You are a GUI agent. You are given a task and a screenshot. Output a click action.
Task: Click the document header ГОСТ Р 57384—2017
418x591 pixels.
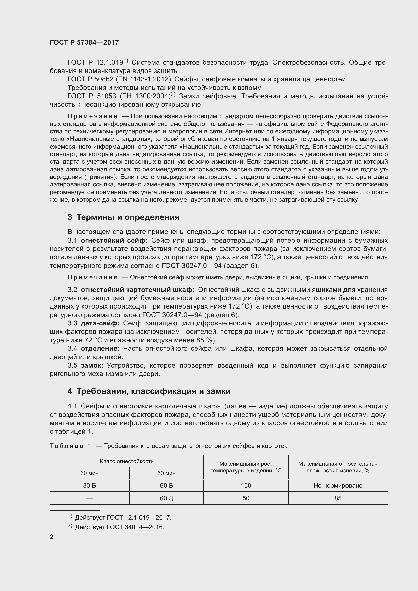(x=84, y=43)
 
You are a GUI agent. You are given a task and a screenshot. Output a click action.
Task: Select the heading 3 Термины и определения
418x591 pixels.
(x=124, y=217)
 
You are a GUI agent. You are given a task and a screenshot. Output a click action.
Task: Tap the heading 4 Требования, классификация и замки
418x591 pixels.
(x=149, y=391)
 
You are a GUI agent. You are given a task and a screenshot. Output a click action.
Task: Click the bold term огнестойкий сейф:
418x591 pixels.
(x=114, y=240)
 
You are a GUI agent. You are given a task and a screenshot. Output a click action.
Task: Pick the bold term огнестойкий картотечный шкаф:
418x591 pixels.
(x=138, y=290)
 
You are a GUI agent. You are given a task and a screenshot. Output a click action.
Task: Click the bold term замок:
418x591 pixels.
(x=92, y=366)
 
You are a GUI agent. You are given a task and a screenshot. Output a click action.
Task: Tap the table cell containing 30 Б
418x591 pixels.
(x=89, y=486)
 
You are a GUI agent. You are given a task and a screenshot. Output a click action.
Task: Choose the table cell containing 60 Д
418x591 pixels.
(x=166, y=498)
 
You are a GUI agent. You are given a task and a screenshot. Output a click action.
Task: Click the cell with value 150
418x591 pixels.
(x=246, y=486)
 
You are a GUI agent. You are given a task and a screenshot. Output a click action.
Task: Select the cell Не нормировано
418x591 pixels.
(x=338, y=486)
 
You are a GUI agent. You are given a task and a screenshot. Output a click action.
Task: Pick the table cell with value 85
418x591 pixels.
(x=338, y=498)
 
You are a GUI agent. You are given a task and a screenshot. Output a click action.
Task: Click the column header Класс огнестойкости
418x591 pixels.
(x=127, y=461)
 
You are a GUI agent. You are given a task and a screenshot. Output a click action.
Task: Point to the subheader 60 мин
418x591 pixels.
(x=166, y=473)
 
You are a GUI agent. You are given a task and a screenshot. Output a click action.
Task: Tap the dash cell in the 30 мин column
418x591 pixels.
(x=89, y=498)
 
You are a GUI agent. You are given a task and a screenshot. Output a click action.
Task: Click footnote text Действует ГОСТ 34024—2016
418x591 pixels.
(x=120, y=527)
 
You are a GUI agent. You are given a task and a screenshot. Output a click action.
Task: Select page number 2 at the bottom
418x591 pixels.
(x=52, y=537)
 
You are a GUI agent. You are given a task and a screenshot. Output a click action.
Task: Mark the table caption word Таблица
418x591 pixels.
(x=66, y=446)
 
